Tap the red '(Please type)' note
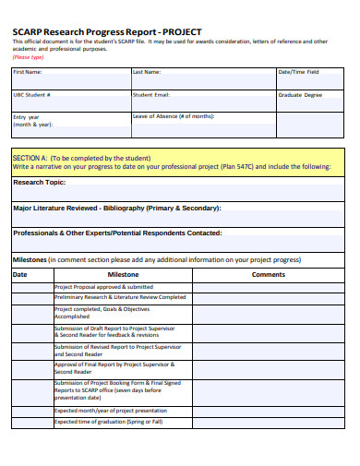(x=28, y=56)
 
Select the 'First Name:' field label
(x=28, y=71)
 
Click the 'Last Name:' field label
(x=147, y=71)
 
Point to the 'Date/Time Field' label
(x=299, y=71)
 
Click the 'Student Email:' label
(x=150, y=94)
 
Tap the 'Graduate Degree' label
(x=300, y=94)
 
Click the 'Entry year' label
(x=27, y=117)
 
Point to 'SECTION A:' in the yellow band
(x=30, y=158)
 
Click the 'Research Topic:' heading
(x=39, y=183)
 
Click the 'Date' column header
(x=20, y=275)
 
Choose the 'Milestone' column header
(x=123, y=275)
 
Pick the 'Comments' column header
(x=269, y=275)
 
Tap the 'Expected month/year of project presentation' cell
(x=111, y=410)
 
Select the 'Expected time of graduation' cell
(x=108, y=421)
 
